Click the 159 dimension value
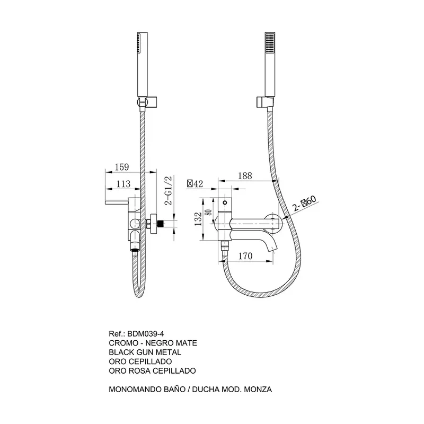[x=122, y=167]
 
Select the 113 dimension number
[x=123, y=184]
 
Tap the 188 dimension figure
[x=245, y=176]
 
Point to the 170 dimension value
[x=245, y=256]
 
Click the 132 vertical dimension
[x=198, y=219]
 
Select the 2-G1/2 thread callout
[x=168, y=191]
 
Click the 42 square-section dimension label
[x=195, y=184]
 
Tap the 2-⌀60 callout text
[x=304, y=204]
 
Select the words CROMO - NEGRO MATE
[x=153, y=343]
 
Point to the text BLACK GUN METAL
[x=145, y=352]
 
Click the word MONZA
[x=258, y=389]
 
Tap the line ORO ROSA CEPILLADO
[x=152, y=370]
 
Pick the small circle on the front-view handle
[x=224, y=202]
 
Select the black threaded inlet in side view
[x=161, y=224]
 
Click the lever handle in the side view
[x=117, y=202]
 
